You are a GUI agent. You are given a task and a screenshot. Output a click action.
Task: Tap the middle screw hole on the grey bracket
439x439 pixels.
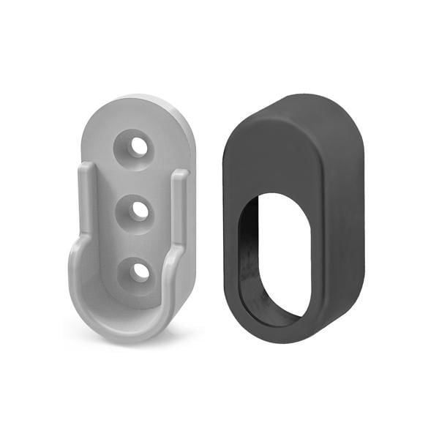(x=138, y=209)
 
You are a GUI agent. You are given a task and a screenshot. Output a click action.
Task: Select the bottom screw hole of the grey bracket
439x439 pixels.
(x=139, y=271)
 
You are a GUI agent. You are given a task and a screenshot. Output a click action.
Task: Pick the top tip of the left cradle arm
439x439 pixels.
(x=85, y=168)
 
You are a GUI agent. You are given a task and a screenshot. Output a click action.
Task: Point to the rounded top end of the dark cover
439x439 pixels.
(x=293, y=110)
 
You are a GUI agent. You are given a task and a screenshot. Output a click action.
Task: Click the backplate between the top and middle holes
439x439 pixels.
(x=138, y=178)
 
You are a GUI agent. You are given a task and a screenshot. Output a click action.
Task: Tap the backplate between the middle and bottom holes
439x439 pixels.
(x=138, y=241)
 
